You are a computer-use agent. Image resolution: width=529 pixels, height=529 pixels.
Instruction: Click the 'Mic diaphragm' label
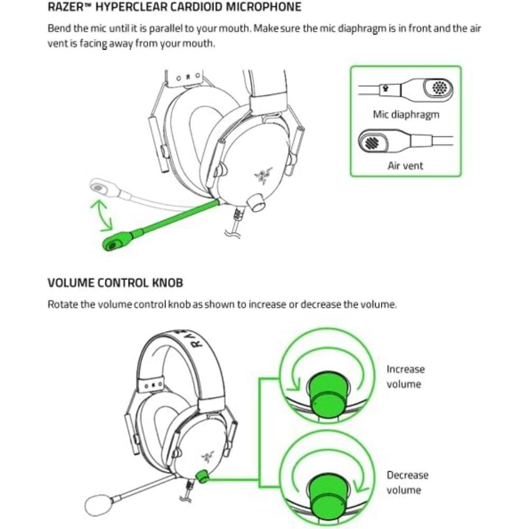coord(406,114)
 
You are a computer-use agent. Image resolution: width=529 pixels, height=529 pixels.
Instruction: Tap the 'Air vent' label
coord(405,166)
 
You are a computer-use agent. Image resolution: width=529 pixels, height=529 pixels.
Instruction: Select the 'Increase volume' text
coord(405,376)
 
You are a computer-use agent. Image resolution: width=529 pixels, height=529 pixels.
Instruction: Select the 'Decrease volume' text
coord(407,482)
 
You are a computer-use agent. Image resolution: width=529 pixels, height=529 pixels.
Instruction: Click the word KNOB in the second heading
coord(167,282)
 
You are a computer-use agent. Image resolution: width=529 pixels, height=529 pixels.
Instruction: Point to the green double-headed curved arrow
coord(101,215)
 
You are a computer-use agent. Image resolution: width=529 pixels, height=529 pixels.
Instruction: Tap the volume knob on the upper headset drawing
coord(257,202)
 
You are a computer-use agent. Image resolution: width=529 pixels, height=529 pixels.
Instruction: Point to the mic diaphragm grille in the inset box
coord(439,88)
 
